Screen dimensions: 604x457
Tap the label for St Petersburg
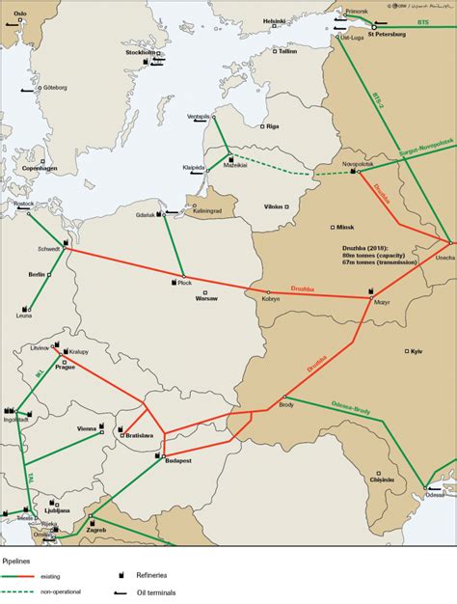pyautogui.click(x=386, y=36)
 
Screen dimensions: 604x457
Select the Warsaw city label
pyautogui.click(x=207, y=299)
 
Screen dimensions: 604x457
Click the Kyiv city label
pyautogui.click(x=417, y=351)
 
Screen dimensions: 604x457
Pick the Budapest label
pyautogui.click(x=179, y=462)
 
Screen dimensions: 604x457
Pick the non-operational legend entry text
pyautogui.click(x=62, y=591)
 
